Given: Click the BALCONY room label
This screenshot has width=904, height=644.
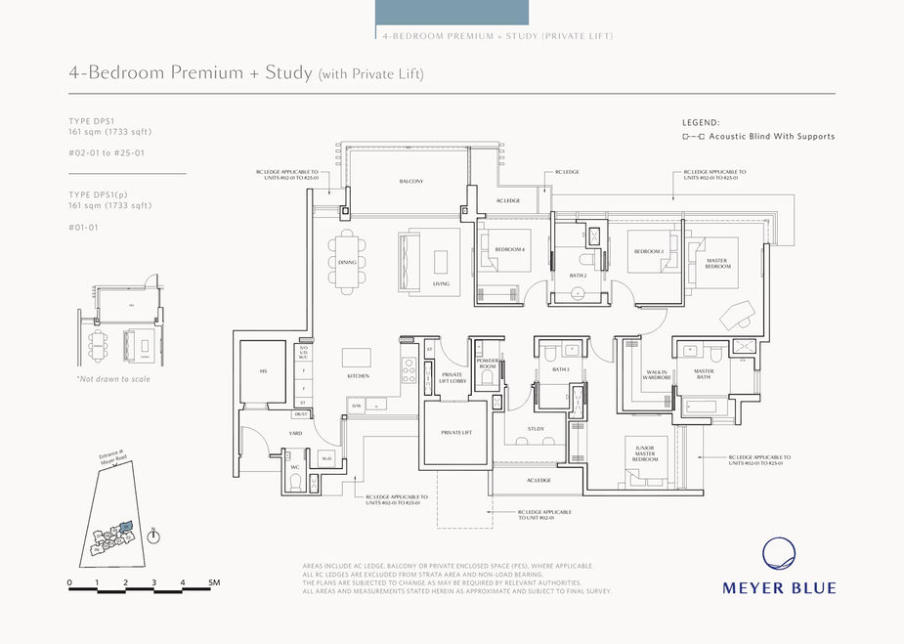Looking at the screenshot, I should click(410, 182).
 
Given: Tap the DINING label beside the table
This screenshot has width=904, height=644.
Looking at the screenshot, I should click(347, 262).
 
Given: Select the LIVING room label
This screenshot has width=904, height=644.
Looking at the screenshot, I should click(441, 284).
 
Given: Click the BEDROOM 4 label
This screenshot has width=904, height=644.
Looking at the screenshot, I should click(509, 250).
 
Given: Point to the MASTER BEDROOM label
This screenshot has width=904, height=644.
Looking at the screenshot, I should click(717, 263).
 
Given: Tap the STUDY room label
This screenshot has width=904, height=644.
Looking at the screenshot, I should click(536, 428).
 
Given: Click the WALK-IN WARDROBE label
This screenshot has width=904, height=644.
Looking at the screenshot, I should click(656, 374).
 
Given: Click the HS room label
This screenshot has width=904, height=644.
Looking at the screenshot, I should click(263, 372).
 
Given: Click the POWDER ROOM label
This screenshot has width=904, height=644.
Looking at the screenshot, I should click(487, 364).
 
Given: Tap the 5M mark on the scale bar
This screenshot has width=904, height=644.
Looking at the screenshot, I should click(213, 582).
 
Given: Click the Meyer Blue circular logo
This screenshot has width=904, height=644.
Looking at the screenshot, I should click(780, 554).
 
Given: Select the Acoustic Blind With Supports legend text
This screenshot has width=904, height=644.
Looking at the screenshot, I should click(771, 137).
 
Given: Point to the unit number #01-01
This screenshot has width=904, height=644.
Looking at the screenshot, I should click(85, 227).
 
